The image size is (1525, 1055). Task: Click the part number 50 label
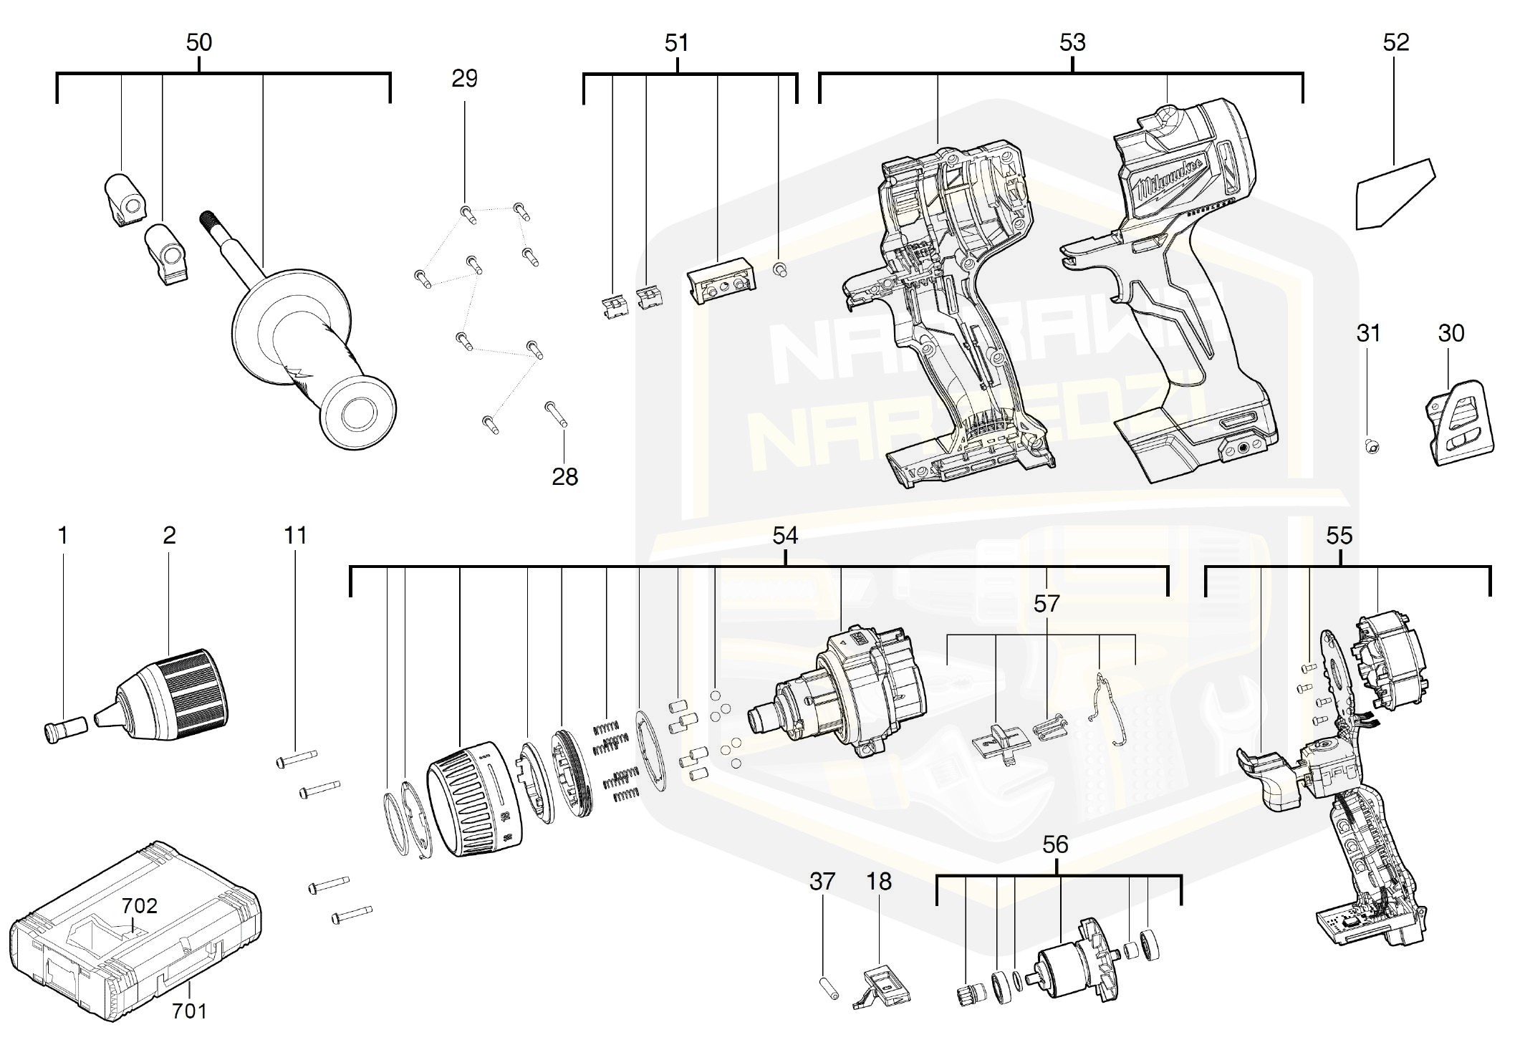click(x=198, y=43)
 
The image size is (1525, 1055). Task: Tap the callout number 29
click(x=464, y=79)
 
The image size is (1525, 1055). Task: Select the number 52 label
click(x=1395, y=43)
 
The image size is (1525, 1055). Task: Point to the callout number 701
click(x=190, y=1011)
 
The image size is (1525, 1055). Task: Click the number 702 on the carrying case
click(x=139, y=906)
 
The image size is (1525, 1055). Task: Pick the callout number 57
click(x=1046, y=604)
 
